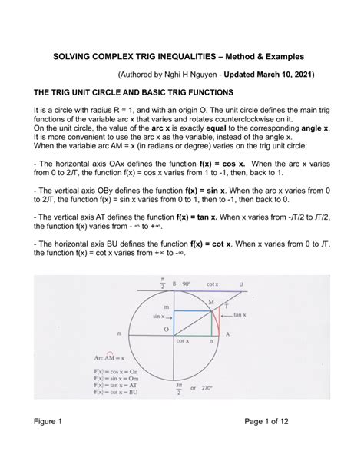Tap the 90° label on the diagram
(190, 284)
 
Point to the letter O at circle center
(165, 330)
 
